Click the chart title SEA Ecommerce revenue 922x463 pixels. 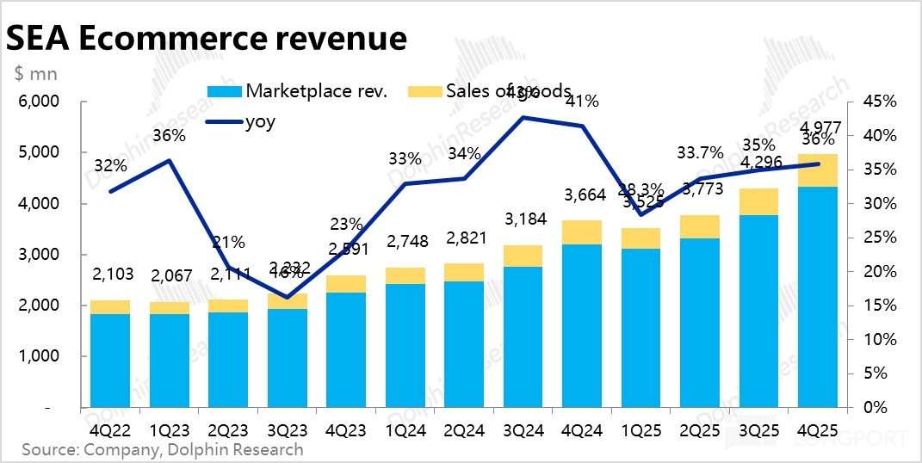pyautogui.click(x=206, y=39)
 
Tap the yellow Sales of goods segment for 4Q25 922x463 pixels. pyautogui.click(x=819, y=170)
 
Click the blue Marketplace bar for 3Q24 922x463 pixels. pyautogui.click(x=523, y=336)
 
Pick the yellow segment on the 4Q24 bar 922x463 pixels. pyautogui.click(x=583, y=232)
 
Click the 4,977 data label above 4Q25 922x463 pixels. pyautogui.click(x=818, y=129)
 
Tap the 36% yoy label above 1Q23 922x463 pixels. pyautogui.click(x=170, y=135)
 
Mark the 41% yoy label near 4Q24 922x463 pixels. pyautogui.click(x=583, y=102)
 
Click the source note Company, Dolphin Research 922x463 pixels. pyautogui.click(x=163, y=449)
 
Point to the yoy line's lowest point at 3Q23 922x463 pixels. pyautogui.click(x=287, y=298)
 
